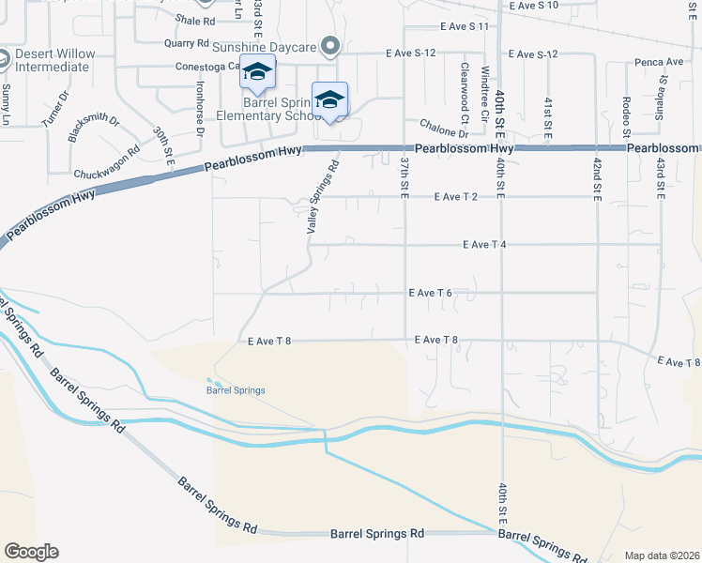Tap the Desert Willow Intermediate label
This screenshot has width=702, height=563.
pyautogui.click(x=54, y=60)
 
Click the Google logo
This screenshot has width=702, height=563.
pyautogui.click(x=31, y=552)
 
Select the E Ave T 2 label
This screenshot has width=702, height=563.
pyautogui.click(x=457, y=197)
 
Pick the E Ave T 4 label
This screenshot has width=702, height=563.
pyautogui.click(x=485, y=245)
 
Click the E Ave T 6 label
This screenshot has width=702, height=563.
pyautogui.click(x=432, y=293)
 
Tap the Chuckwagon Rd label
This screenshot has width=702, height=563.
pyautogui.click(x=106, y=161)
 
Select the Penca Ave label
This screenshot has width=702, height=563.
pyautogui.click(x=664, y=63)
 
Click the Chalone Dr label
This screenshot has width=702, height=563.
pyautogui.click(x=437, y=129)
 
